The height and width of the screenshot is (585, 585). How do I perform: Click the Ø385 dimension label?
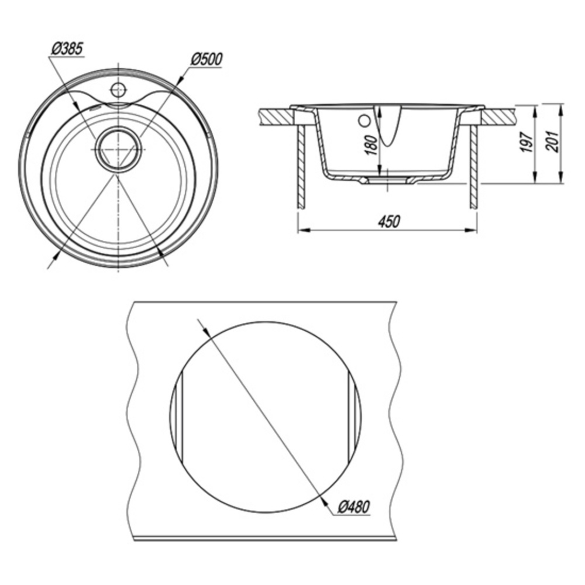pos(67,50)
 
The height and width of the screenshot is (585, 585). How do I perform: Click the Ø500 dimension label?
pos(207,59)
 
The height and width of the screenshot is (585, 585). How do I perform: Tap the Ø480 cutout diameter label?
pos(354,507)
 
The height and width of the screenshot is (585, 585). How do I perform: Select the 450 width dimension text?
pos(389,221)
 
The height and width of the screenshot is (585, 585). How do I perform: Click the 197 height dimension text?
pos(527,142)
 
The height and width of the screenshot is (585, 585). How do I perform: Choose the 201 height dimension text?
pos(552,142)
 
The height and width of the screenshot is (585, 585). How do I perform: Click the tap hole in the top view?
pos(118,89)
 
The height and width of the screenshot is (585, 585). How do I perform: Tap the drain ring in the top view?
pos(118,149)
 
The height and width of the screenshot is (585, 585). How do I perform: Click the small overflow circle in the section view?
pos(364,121)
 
